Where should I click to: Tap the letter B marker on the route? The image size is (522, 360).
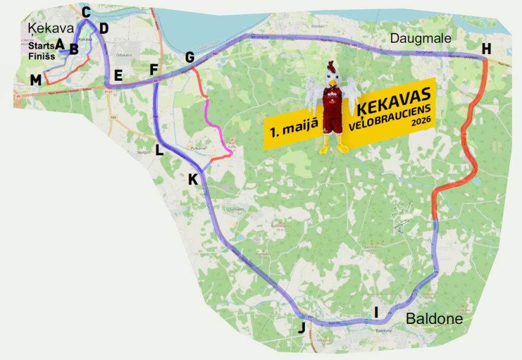(x=74, y=49)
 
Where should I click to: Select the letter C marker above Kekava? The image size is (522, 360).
(x=86, y=12)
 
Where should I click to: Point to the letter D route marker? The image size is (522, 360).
(x=104, y=28)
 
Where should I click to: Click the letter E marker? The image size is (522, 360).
(x=118, y=75)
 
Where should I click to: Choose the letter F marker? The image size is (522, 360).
(x=154, y=69)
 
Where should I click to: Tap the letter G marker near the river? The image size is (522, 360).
(x=190, y=58)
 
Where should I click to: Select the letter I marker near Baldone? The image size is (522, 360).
(x=375, y=312)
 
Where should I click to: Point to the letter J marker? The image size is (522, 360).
(x=301, y=328)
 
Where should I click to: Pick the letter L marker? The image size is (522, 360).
(x=159, y=151)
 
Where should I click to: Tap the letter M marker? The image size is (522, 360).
(x=36, y=80)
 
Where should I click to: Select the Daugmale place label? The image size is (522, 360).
(x=421, y=39)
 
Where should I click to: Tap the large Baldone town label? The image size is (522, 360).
(x=434, y=319)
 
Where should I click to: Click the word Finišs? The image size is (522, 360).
(x=40, y=56)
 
